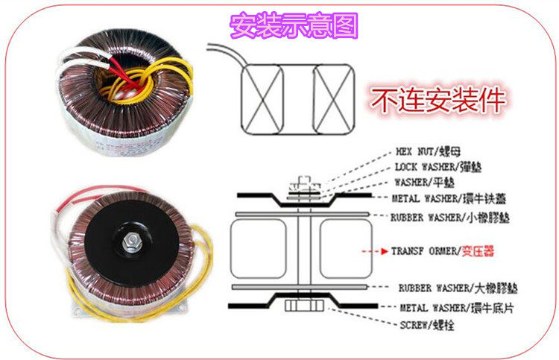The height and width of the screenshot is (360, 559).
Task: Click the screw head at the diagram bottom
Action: [302, 307]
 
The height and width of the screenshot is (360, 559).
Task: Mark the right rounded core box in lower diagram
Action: [341, 250]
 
